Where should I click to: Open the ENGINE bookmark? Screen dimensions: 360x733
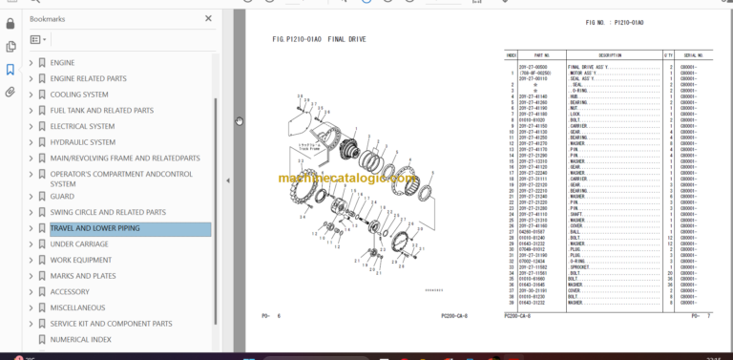(x=62, y=63)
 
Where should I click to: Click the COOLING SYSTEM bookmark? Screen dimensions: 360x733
(x=78, y=95)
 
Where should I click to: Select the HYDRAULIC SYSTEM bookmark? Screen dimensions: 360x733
(x=82, y=142)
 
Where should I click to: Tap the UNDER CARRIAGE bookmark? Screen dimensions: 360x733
(x=78, y=244)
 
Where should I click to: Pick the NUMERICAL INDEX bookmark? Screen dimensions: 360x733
(x=80, y=339)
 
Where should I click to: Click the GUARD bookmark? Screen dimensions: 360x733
(x=62, y=197)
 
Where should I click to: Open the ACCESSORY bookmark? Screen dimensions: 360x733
(x=70, y=292)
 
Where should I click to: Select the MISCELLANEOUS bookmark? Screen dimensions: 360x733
(x=77, y=307)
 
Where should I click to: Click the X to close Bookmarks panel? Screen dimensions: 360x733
(x=208, y=18)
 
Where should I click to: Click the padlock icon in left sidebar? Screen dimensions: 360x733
(x=10, y=21)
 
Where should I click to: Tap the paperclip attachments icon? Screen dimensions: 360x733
(x=10, y=93)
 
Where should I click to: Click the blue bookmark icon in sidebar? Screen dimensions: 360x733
(x=10, y=69)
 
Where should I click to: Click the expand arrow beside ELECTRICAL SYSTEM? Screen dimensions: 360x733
(x=31, y=126)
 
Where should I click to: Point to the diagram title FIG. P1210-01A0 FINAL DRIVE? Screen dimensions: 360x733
(x=319, y=39)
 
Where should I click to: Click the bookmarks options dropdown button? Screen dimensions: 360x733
(x=38, y=40)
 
